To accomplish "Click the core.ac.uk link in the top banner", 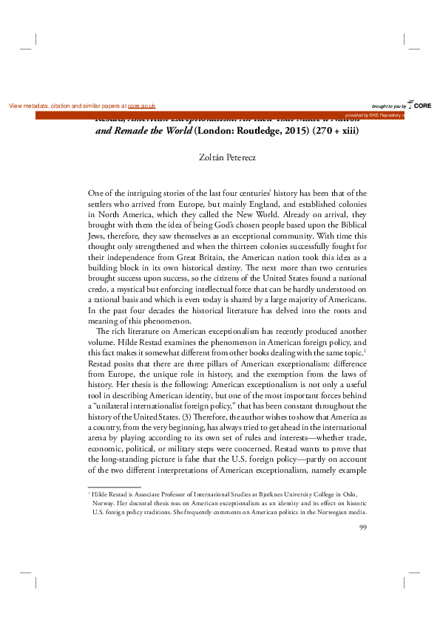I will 141,106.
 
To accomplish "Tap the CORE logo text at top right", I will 422,106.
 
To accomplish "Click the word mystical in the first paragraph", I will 141,292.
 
